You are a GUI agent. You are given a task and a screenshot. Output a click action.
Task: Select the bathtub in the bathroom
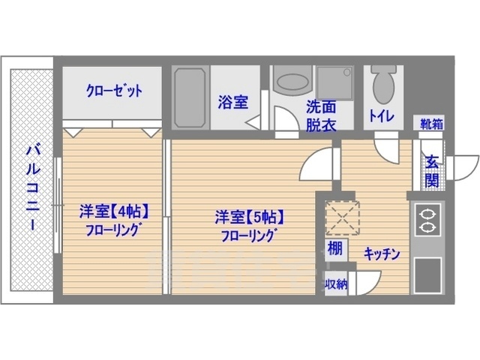[x=190, y=99]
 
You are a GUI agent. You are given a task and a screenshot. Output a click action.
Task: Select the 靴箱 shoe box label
[x=430, y=123]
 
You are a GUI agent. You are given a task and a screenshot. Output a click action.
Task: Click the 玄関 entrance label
[x=433, y=170]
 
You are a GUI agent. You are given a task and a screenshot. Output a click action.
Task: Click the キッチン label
[x=382, y=253]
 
